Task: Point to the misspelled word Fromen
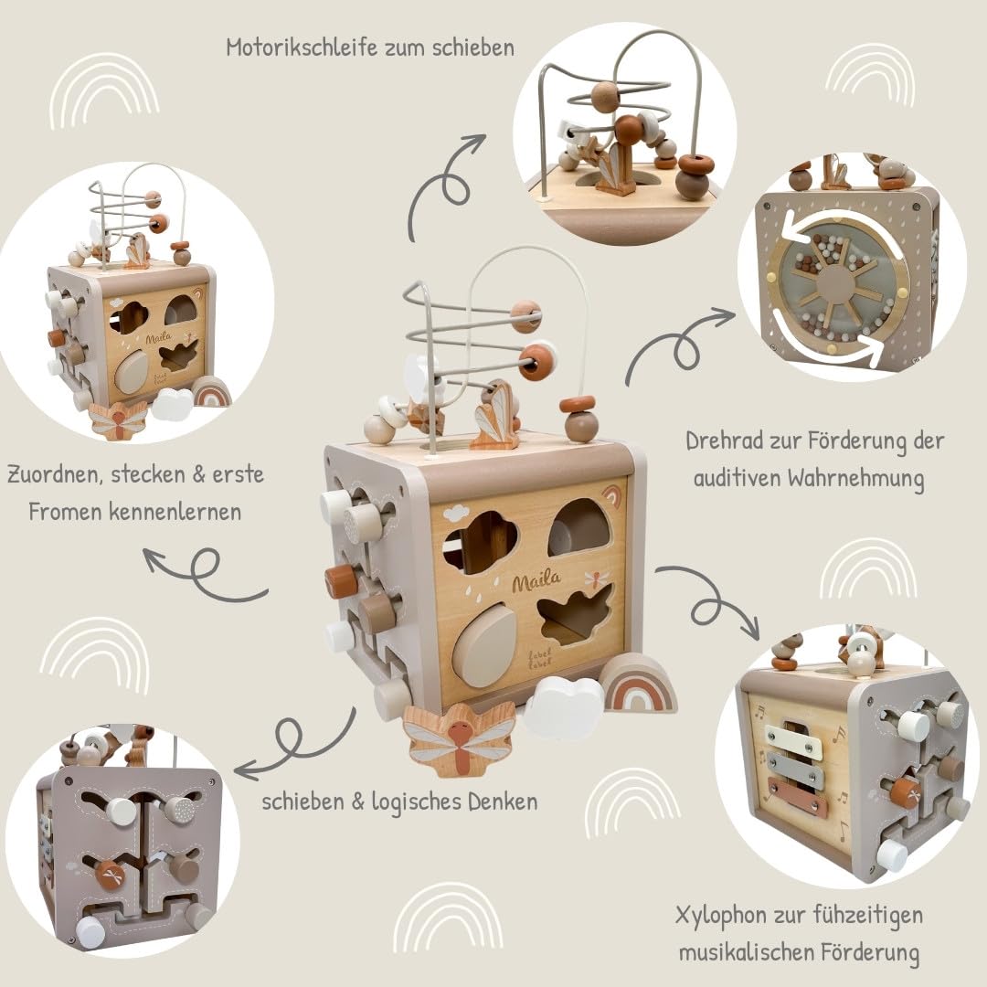coord(65,512)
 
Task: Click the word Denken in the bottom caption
coord(503,801)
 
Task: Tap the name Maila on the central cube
coord(536,581)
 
